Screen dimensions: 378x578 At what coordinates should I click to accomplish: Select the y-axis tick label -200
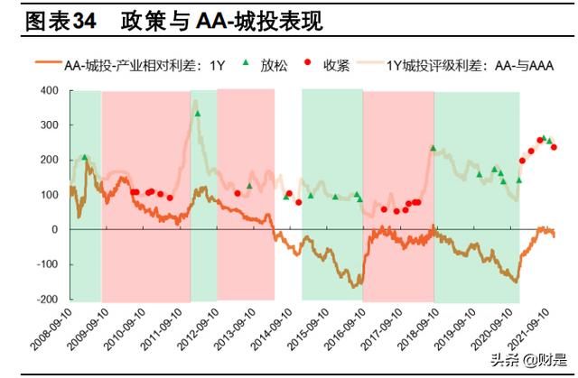47,300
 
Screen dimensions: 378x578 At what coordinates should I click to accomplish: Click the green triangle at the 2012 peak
197,114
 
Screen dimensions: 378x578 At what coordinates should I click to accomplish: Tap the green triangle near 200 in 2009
85,158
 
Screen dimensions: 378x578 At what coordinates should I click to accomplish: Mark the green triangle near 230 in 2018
433,148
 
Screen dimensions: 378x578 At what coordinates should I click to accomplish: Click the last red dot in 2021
554,147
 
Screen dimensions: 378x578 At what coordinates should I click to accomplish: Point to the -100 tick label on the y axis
47,264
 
